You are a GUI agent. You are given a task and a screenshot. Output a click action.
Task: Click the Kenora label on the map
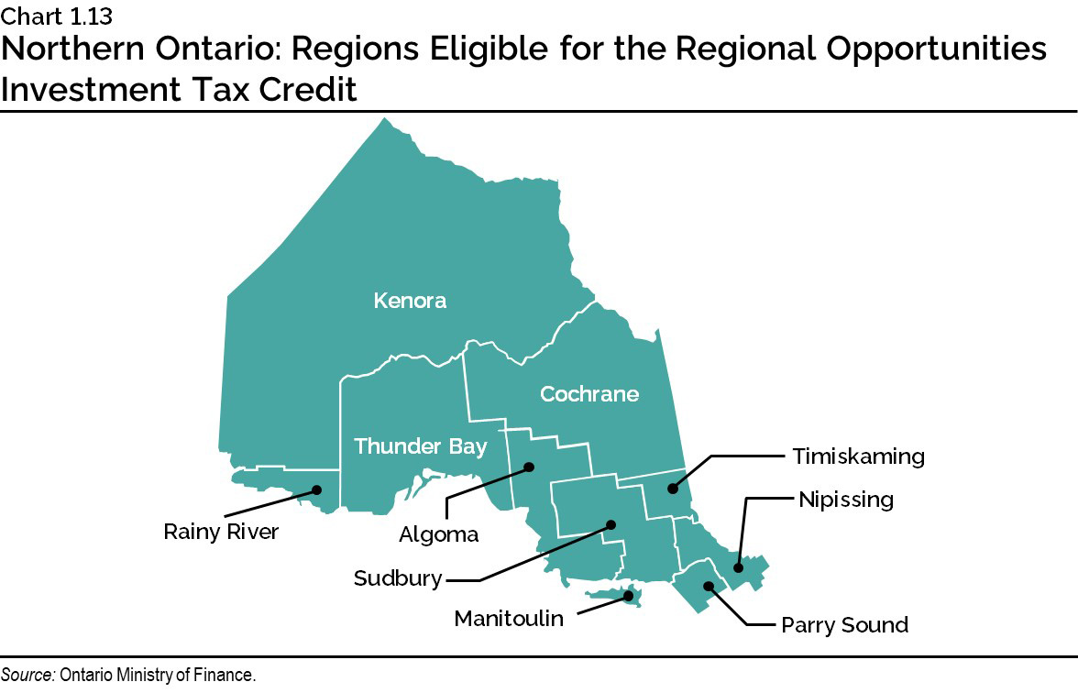[410, 301]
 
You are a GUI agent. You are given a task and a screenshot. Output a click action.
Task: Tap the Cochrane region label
[588, 394]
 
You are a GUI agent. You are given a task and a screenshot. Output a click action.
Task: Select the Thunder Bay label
[420, 446]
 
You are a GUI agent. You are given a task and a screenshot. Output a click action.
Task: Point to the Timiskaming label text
[859, 456]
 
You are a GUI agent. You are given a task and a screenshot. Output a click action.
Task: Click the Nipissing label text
[845, 500]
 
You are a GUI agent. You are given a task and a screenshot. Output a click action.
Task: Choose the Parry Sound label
[844, 625]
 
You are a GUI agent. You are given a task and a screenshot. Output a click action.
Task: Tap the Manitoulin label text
[509, 619]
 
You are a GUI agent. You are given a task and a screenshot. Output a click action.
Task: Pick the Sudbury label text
[398, 578]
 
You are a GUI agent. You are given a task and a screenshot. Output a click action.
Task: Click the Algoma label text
[439, 533]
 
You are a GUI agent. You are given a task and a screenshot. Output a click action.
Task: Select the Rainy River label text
[221, 532]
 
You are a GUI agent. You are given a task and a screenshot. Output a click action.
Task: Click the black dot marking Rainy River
[316, 489]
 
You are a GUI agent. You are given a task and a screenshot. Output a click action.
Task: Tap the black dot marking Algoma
[529, 467]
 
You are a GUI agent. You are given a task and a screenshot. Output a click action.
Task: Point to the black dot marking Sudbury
[611, 525]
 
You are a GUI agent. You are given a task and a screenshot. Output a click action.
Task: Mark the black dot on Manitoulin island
[629, 596]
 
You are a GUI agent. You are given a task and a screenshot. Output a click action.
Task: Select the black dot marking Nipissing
[739, 568]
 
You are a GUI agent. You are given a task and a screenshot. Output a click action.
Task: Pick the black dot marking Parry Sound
[708, 586]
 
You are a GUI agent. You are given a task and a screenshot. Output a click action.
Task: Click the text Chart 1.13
[56, 14]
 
